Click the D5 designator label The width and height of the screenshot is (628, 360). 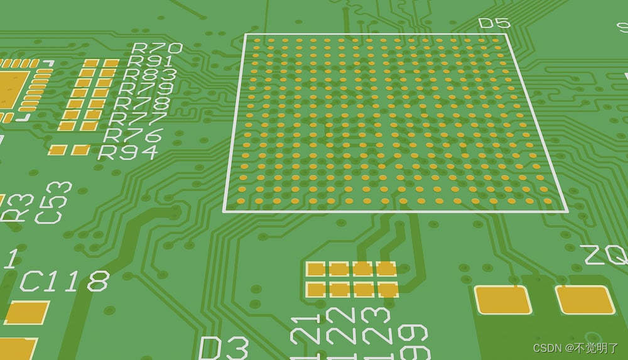pos(494,23)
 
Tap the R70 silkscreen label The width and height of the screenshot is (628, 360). pos(156,48)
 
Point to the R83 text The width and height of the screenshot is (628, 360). pos(150,75)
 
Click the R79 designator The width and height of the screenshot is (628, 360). pos(146,89)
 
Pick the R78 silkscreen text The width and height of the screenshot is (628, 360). pos(144,103)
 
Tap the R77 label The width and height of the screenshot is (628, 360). pos(139,118)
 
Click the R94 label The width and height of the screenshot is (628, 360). pos(128,151)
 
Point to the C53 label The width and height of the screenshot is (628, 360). pos(53,202)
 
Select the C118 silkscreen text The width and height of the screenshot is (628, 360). pos(65,281)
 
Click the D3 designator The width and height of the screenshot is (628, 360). pos(224,347)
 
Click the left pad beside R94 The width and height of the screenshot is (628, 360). pos(57,150)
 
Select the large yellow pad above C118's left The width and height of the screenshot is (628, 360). pos(26,312)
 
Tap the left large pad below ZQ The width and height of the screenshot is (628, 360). pos(502,300)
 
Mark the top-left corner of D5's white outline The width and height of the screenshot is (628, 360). pos(244,35)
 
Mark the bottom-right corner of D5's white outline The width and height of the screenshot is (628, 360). pos(568,211)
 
